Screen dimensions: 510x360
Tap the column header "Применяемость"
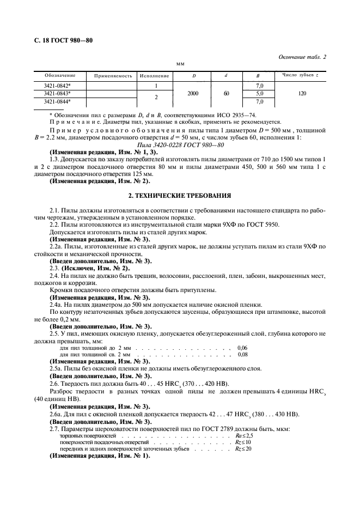click(x=113, y=76)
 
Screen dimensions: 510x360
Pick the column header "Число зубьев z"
click(x=300, y=75)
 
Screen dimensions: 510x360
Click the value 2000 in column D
click(x=193, y=93)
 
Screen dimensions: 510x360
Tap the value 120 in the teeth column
click(x=302, y=93)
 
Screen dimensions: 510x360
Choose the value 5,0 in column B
click(x=260, y=93)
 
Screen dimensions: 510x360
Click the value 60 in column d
click(x=226, y=93)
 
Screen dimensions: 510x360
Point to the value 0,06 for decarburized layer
click(x=242, y=348)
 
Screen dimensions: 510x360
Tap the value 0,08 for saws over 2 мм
click(x=242, y=354)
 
